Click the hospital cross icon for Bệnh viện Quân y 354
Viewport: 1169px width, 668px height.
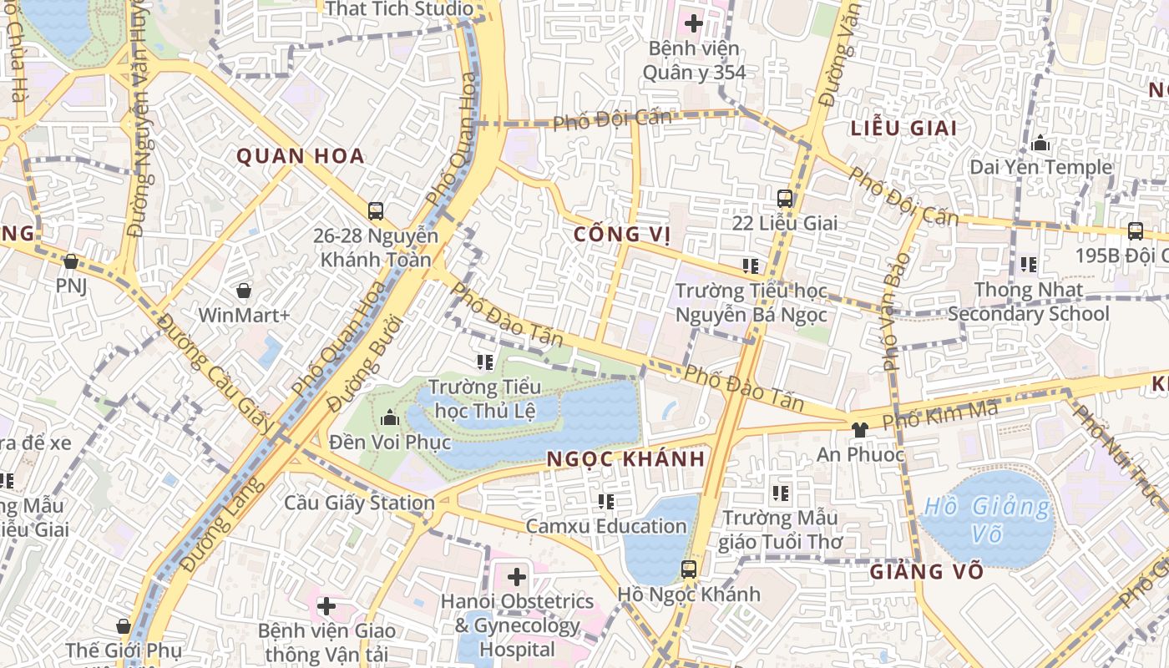[x=693, y=23]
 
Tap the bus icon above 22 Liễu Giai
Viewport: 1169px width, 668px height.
[x=785, y=198]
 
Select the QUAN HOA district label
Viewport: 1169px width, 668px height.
[x=301, y=156]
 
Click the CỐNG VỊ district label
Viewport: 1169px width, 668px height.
[x=623, y=235]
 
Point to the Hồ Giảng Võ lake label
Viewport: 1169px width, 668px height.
[x=988, y=519]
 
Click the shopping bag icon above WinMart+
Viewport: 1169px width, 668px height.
[x=244, y=291]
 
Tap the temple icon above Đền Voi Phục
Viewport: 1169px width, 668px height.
[x=389, y=417]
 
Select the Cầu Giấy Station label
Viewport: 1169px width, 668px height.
[x=359, y=503]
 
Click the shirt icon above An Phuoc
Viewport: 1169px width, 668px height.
[x=859, y=429]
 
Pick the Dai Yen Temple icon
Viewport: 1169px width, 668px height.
[x=1040, y=144]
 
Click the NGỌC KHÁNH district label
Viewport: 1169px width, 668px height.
[x=625, y=459]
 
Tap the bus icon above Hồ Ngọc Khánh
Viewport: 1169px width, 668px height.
[x=689, y=569]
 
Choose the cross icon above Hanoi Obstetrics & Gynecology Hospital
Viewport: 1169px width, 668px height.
[x=517, y=576]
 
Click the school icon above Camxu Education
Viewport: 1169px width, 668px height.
[x=606, y=502]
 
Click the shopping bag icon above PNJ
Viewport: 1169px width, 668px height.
[x=71, y=262]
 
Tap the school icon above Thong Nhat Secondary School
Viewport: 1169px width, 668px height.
[x=1029, y=265]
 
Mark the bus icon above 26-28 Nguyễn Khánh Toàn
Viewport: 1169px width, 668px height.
[x=376, y=210]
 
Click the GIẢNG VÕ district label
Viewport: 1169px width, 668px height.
[x=927, y=573]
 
